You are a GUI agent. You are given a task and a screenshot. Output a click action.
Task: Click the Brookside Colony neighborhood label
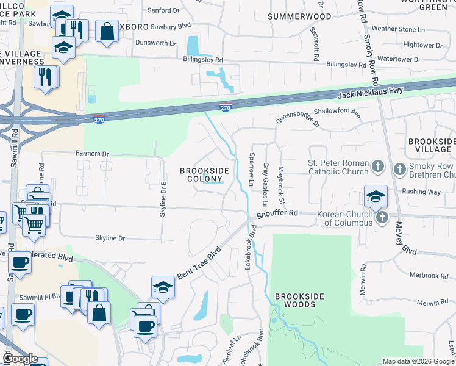204,174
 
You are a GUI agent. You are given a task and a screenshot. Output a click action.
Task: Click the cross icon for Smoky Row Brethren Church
399,168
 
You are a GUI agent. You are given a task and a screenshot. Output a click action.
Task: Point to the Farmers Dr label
92,154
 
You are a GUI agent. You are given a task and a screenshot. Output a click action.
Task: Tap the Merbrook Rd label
432,276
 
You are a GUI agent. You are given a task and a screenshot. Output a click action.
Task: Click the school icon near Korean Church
376,196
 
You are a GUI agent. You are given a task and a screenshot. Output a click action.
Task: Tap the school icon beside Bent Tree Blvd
163,287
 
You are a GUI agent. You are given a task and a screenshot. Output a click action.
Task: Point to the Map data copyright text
418,361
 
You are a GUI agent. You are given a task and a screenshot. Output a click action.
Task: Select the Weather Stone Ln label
397,29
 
